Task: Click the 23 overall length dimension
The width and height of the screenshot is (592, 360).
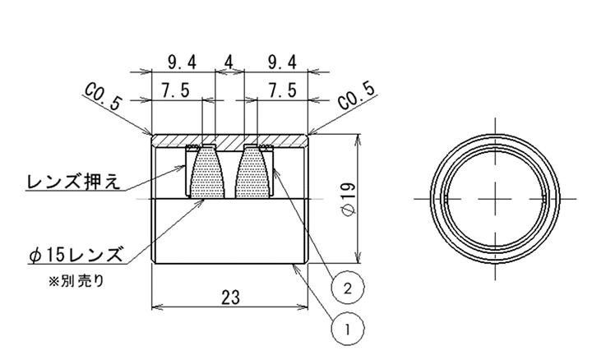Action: pos(230,298)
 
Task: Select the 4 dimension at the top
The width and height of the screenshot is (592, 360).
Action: pos(229,62)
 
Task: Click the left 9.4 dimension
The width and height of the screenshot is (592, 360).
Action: pos(183,62)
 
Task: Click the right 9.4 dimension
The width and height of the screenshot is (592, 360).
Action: pos(282,62)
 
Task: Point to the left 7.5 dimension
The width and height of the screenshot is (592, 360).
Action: pos(175,90)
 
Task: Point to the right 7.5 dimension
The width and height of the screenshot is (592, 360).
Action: pos(282,90)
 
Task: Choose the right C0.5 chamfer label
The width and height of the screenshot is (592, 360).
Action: pos(357,97)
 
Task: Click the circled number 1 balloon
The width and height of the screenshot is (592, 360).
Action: pos(348,329)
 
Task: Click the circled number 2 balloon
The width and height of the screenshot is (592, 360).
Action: pos(348,288)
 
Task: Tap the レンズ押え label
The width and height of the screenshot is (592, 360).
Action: pos(74,182)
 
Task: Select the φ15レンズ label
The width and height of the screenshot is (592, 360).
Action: pos(76,254)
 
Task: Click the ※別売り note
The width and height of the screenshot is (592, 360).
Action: pos(76,281)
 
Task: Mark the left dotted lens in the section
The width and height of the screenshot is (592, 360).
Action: pos(208,173)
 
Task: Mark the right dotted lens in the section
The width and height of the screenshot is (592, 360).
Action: pos(253,173)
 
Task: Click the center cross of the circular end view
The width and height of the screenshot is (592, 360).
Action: pos(495,198)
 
